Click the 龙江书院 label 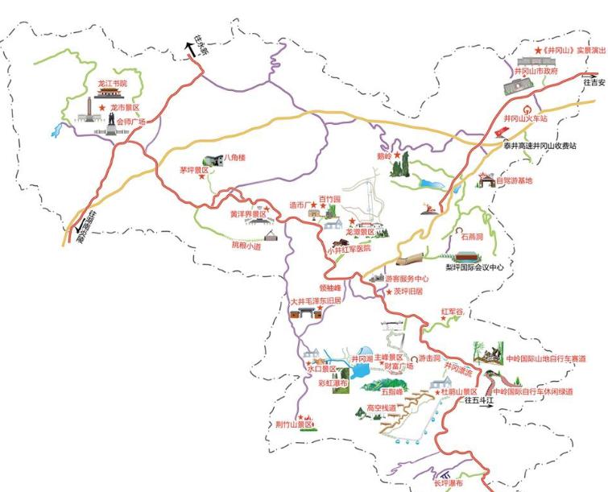coord(114,83)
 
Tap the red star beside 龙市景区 coord(102,107)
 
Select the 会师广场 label coord(132,122)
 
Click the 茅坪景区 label coord(194,171)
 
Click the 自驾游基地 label coord(514,180)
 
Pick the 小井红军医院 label coord(349,249)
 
